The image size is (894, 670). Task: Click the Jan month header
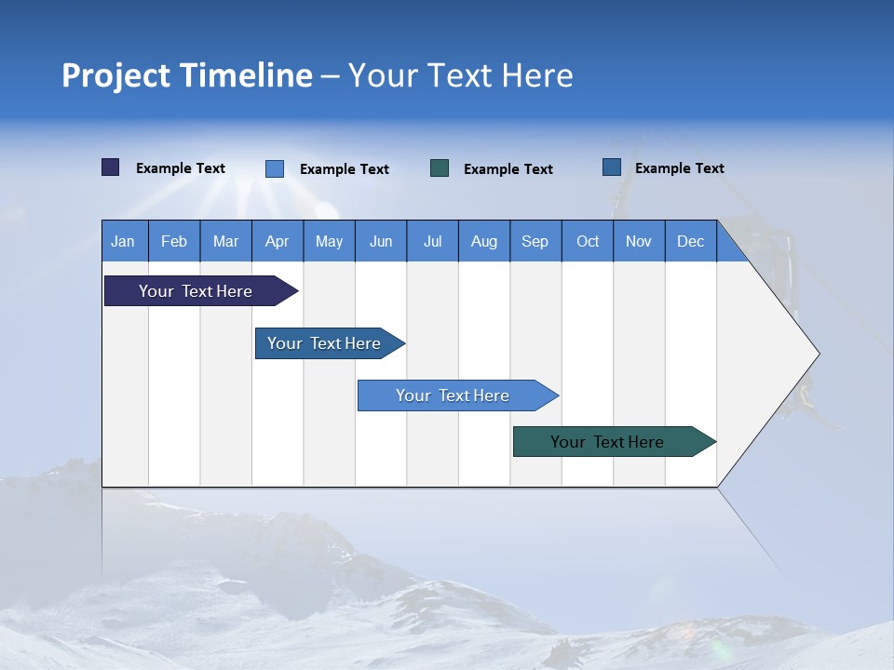click(123, 241)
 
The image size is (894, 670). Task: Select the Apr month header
click(277, 241)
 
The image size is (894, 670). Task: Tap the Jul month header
click(432, 241)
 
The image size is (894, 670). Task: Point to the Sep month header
click(535, 241)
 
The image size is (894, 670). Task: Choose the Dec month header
click(690, 241)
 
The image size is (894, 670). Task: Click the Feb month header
click(174, 241)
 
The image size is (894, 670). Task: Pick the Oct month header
click(588, 241)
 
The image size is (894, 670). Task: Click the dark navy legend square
click(111, 167)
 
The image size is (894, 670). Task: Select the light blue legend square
click(275, 168)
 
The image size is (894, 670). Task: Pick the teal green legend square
click(440, 168)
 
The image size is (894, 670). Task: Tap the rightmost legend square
click(612, 167)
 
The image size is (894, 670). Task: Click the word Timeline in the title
click(246, 75)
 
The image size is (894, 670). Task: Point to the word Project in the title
click(115, 75)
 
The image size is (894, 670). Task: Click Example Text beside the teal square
click(508, 169)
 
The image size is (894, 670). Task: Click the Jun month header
click(381, 241)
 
